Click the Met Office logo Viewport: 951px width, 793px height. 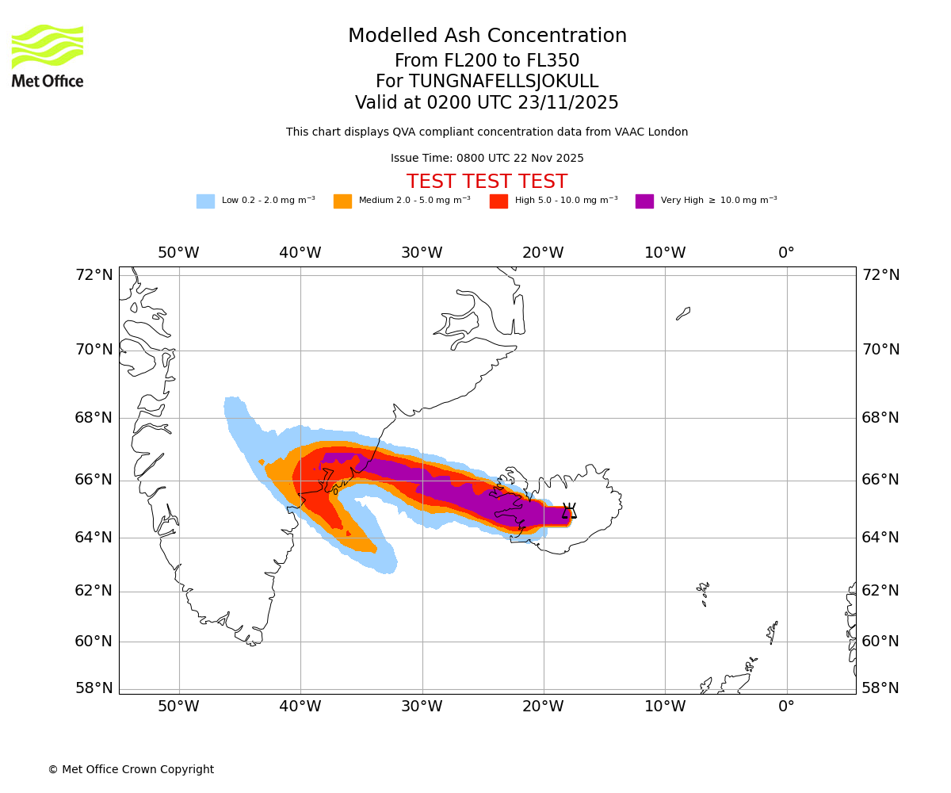tap(48, 56)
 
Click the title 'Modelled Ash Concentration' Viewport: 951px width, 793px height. tap(487, 36)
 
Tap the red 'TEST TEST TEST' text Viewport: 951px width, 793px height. tap(487, 182)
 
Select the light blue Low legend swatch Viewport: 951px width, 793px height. tap(205, 201)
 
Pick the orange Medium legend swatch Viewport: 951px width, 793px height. tap(342, 201)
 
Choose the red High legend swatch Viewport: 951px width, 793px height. tap(498, 201)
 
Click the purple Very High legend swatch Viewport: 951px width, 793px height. tap(644, 201)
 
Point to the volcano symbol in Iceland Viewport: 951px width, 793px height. tap(569, 511)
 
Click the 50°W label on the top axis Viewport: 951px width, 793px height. tap(178, 253)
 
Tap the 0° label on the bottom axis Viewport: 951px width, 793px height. tap(786, 706)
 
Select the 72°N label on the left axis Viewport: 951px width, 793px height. tap(94, 275)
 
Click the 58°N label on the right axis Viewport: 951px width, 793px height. tap(880, 688)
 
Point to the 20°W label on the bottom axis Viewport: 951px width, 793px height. tap(543, 706)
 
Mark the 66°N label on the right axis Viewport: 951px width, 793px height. tap(880, 480)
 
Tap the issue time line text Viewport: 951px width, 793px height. tap(487, 158)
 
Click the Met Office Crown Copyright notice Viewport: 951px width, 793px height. tap(131, 769)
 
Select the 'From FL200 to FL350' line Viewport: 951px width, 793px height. tap(487, 61)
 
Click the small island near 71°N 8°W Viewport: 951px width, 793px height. tap(683, 313)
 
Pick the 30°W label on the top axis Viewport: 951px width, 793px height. tap(422, 253)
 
